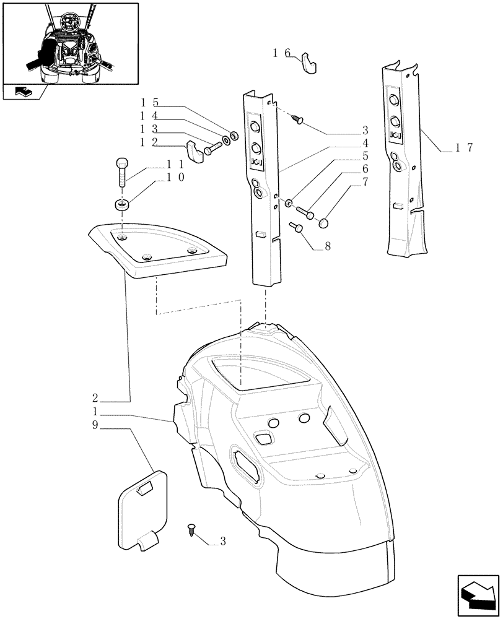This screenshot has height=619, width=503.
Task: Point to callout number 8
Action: click(x=327, y=246)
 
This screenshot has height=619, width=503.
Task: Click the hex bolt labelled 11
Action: click(x=121, y=172)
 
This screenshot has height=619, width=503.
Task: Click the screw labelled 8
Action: click(x=298, y=228)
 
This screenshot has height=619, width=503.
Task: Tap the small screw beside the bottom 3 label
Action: click(x=191, y=529)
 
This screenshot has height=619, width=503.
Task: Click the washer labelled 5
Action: click(x=289, y=202)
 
